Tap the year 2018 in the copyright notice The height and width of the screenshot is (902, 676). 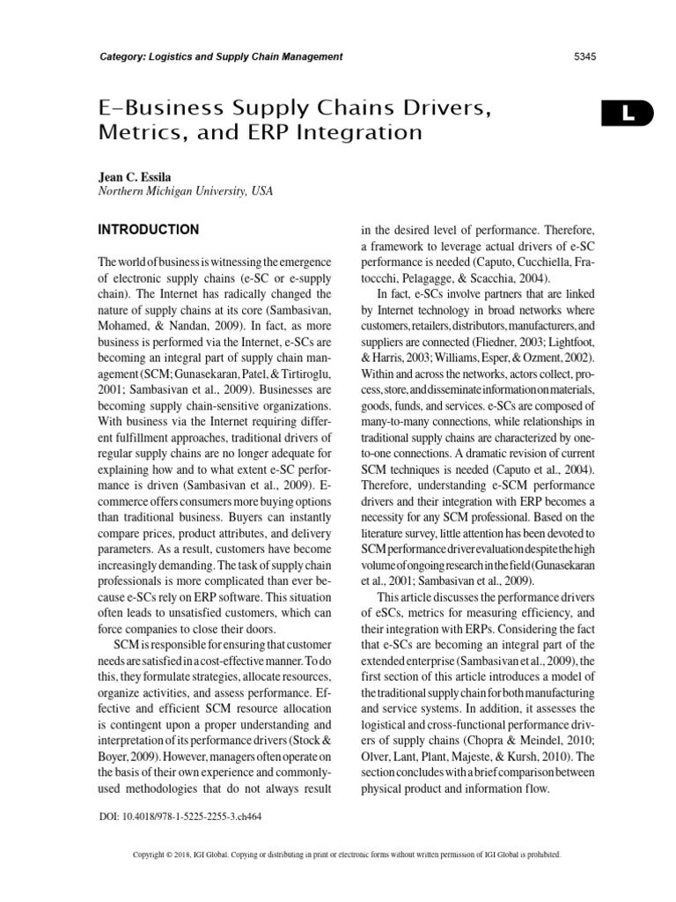[x=188, y=855]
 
